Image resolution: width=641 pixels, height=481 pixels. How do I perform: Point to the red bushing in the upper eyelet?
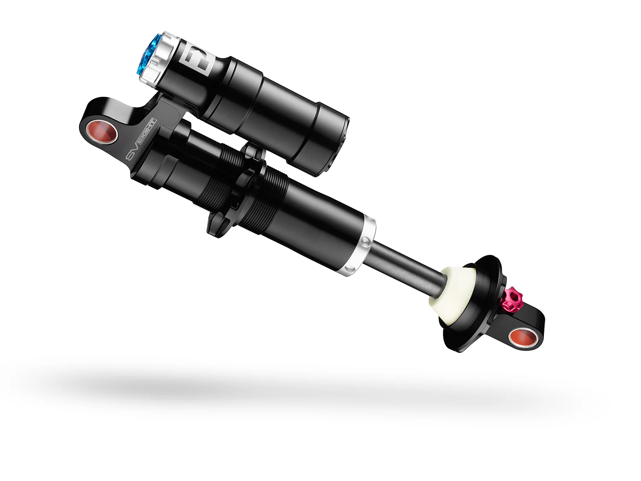102,132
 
